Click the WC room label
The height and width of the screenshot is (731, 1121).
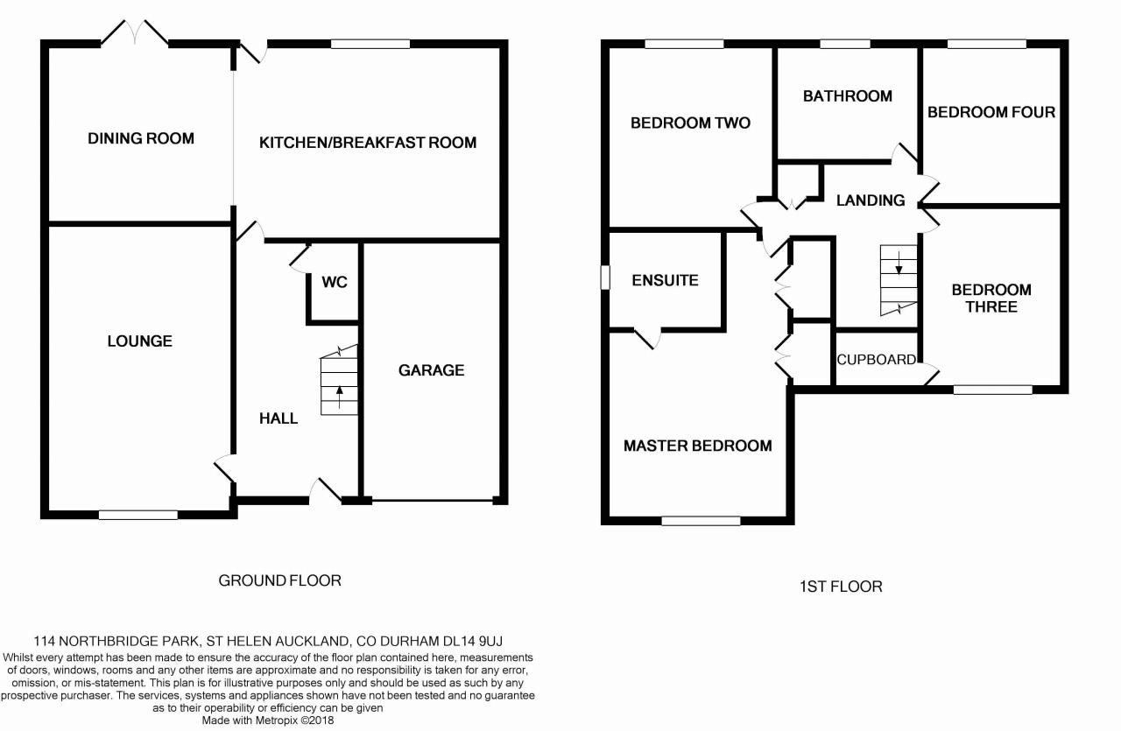coord(335,282)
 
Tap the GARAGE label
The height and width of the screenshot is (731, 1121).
coord(431,370)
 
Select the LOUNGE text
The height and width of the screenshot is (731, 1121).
coord(139,341)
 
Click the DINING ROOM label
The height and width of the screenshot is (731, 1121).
coord(141,138)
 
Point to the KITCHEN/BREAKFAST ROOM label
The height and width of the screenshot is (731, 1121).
coord(368,142)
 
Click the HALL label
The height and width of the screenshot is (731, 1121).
coord(278,418)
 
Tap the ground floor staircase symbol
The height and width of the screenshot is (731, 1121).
coord(340,381)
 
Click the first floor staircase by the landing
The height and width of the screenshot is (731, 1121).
coord(899,280)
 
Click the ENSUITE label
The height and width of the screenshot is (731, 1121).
coord(666,280)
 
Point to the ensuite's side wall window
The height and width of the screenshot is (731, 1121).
coord(604,277)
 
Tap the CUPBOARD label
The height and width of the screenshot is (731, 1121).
coord(877,360)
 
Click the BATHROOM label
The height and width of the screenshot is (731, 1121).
coord(848,95)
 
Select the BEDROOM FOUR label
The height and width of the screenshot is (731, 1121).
coord(991,112)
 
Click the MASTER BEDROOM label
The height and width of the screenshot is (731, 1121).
coord(698,446)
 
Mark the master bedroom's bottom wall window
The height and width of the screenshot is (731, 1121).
coord(701,521)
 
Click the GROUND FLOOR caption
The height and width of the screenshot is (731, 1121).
coord(279,580)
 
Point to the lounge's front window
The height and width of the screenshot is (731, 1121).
coord(138,515)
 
